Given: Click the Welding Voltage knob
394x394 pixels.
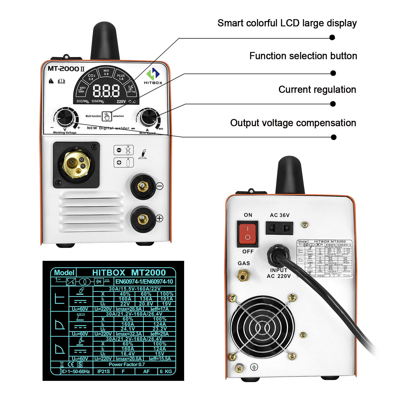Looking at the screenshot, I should click(64, 117).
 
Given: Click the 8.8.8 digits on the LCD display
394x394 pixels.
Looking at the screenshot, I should click(106, 91).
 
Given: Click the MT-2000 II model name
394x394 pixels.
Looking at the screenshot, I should click(66, 69).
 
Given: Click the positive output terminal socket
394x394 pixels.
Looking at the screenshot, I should click(143, 219).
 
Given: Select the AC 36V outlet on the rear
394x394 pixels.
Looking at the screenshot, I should click(279, 228).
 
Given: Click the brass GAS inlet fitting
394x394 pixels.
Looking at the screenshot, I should click(243, 275).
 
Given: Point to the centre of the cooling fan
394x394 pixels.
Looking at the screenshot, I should click(262, 327).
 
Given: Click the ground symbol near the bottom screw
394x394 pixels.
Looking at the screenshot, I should click(254, 367).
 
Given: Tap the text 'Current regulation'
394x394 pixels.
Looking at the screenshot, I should click(317, 90).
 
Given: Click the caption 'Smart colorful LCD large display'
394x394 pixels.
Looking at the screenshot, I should click(287, 23).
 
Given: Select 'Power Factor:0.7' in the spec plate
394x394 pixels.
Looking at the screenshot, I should click(127, 364).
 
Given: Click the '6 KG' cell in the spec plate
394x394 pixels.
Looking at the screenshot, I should click(166, 371).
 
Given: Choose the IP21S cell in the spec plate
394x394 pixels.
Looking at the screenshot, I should click(103, 371).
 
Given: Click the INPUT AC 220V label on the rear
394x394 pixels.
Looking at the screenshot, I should click(279, 273).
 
